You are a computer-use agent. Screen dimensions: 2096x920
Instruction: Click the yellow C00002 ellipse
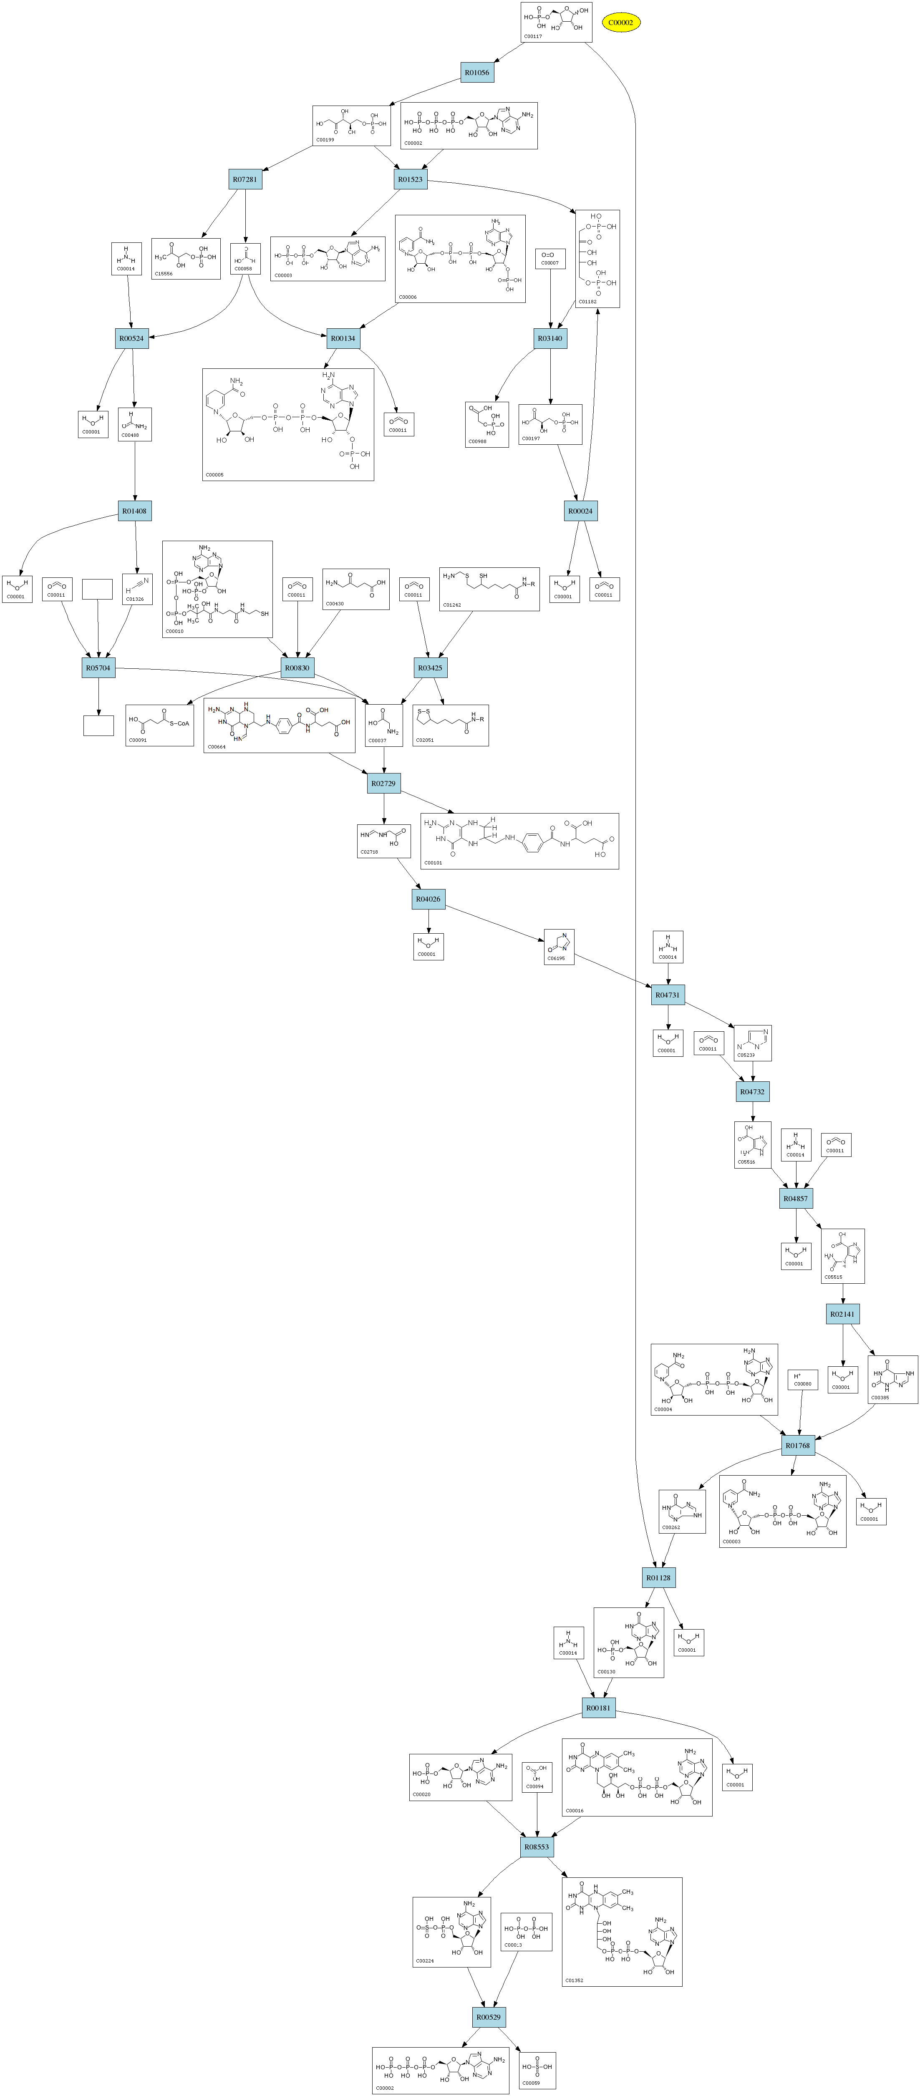(x=621, y=23)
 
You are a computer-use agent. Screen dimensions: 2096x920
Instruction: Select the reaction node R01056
(x=476, y=73)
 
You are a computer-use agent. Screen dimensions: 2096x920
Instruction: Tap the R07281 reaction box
(x=245, y=179)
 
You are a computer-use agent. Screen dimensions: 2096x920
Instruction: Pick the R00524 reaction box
(x=132, y=338)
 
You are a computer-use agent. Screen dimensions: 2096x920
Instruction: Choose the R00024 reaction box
(x=581, y=511)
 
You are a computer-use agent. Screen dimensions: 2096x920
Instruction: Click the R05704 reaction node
(x=98, y=668)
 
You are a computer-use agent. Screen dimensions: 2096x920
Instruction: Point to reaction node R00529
(x=489, y=2017)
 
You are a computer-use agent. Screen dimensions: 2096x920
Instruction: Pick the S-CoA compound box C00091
(x=159, y=725)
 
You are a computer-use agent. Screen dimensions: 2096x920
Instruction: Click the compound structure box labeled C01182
(x=598, y=259)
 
